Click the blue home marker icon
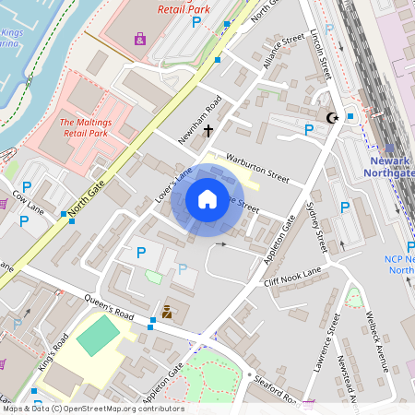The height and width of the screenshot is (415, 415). pos(207,198)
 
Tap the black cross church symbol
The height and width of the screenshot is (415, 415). pos(208,131)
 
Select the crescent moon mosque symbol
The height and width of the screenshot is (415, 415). pos(331,117)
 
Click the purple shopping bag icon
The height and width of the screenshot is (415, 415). pos(140,39)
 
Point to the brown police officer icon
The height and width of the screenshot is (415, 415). pos(167,312)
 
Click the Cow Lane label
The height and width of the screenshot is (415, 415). pos(29,209)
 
